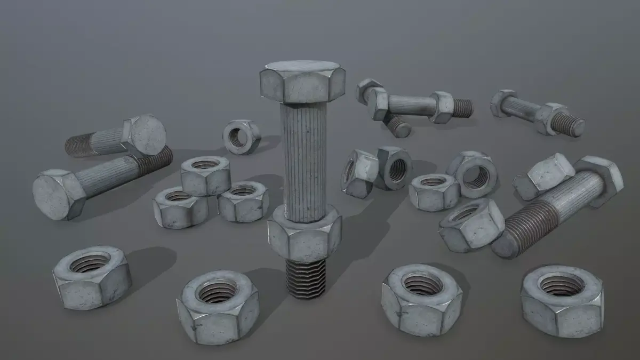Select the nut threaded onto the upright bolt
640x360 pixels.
point(304,234)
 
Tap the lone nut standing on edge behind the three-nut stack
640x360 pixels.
point(242,137)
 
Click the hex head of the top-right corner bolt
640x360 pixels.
point(502,102)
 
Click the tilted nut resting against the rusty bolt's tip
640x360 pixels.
point(472,223)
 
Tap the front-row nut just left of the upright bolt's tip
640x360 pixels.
point(217,306)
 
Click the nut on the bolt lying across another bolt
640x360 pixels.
point(442,106)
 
